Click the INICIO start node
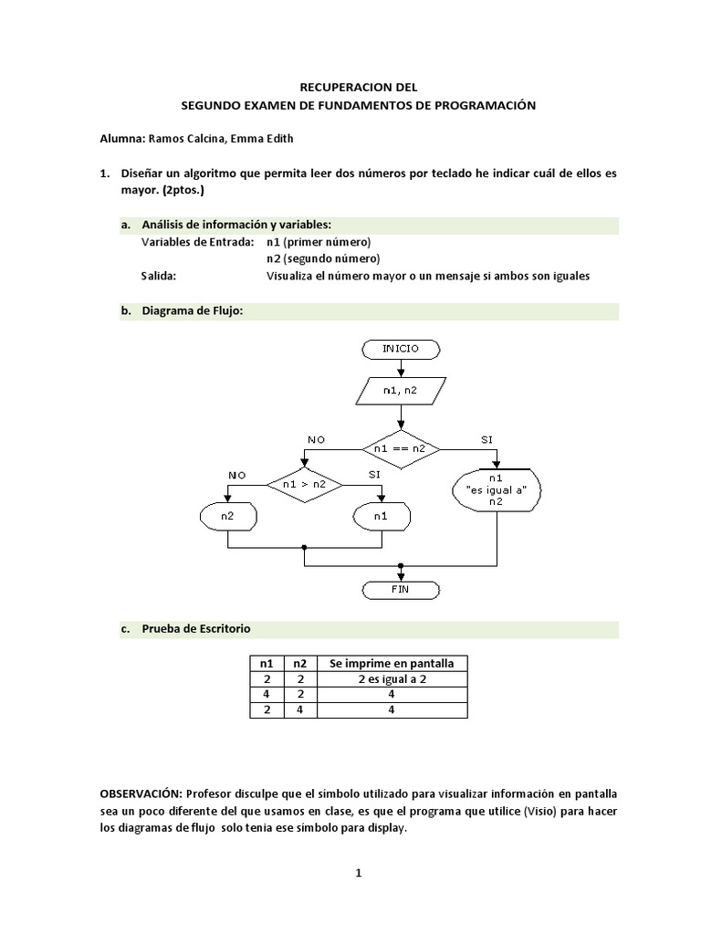tap(402, 349)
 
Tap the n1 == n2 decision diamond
tap(402, 448)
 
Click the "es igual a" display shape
tap(496, 489)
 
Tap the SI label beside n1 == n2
tap(487, 440)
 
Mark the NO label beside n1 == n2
tap(317, 440)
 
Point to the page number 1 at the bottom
tap(360, 873)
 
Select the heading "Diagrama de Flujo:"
tap(194, 310)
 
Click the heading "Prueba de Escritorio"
tap(196, 629)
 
